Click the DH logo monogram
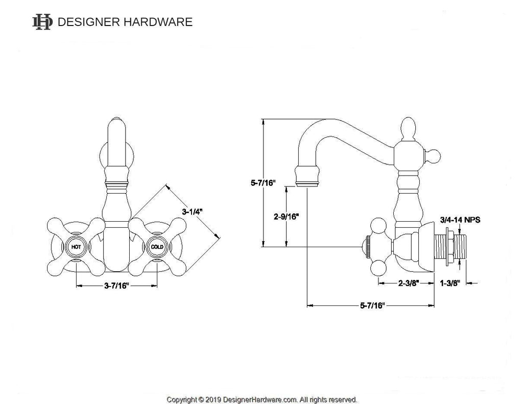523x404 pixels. pyautogui.click(x=42, y=22)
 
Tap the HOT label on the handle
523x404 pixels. pyautogui.click(x=76, y=247)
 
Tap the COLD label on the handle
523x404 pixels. pyautogui.click(x=157, y=247)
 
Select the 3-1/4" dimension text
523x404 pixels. pyautogui.click(x=192, y=210)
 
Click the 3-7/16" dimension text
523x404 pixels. pyautogui.click(x=116, y=286)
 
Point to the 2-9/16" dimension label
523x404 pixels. pyautogui.click(x=287, y=216)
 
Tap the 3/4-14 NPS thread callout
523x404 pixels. pyautogui.click(x=460, y=220)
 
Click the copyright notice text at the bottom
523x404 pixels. pyautogui.click(x=262, y=399)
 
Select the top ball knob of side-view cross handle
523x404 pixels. pyautogui.click(x=378, y=225)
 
